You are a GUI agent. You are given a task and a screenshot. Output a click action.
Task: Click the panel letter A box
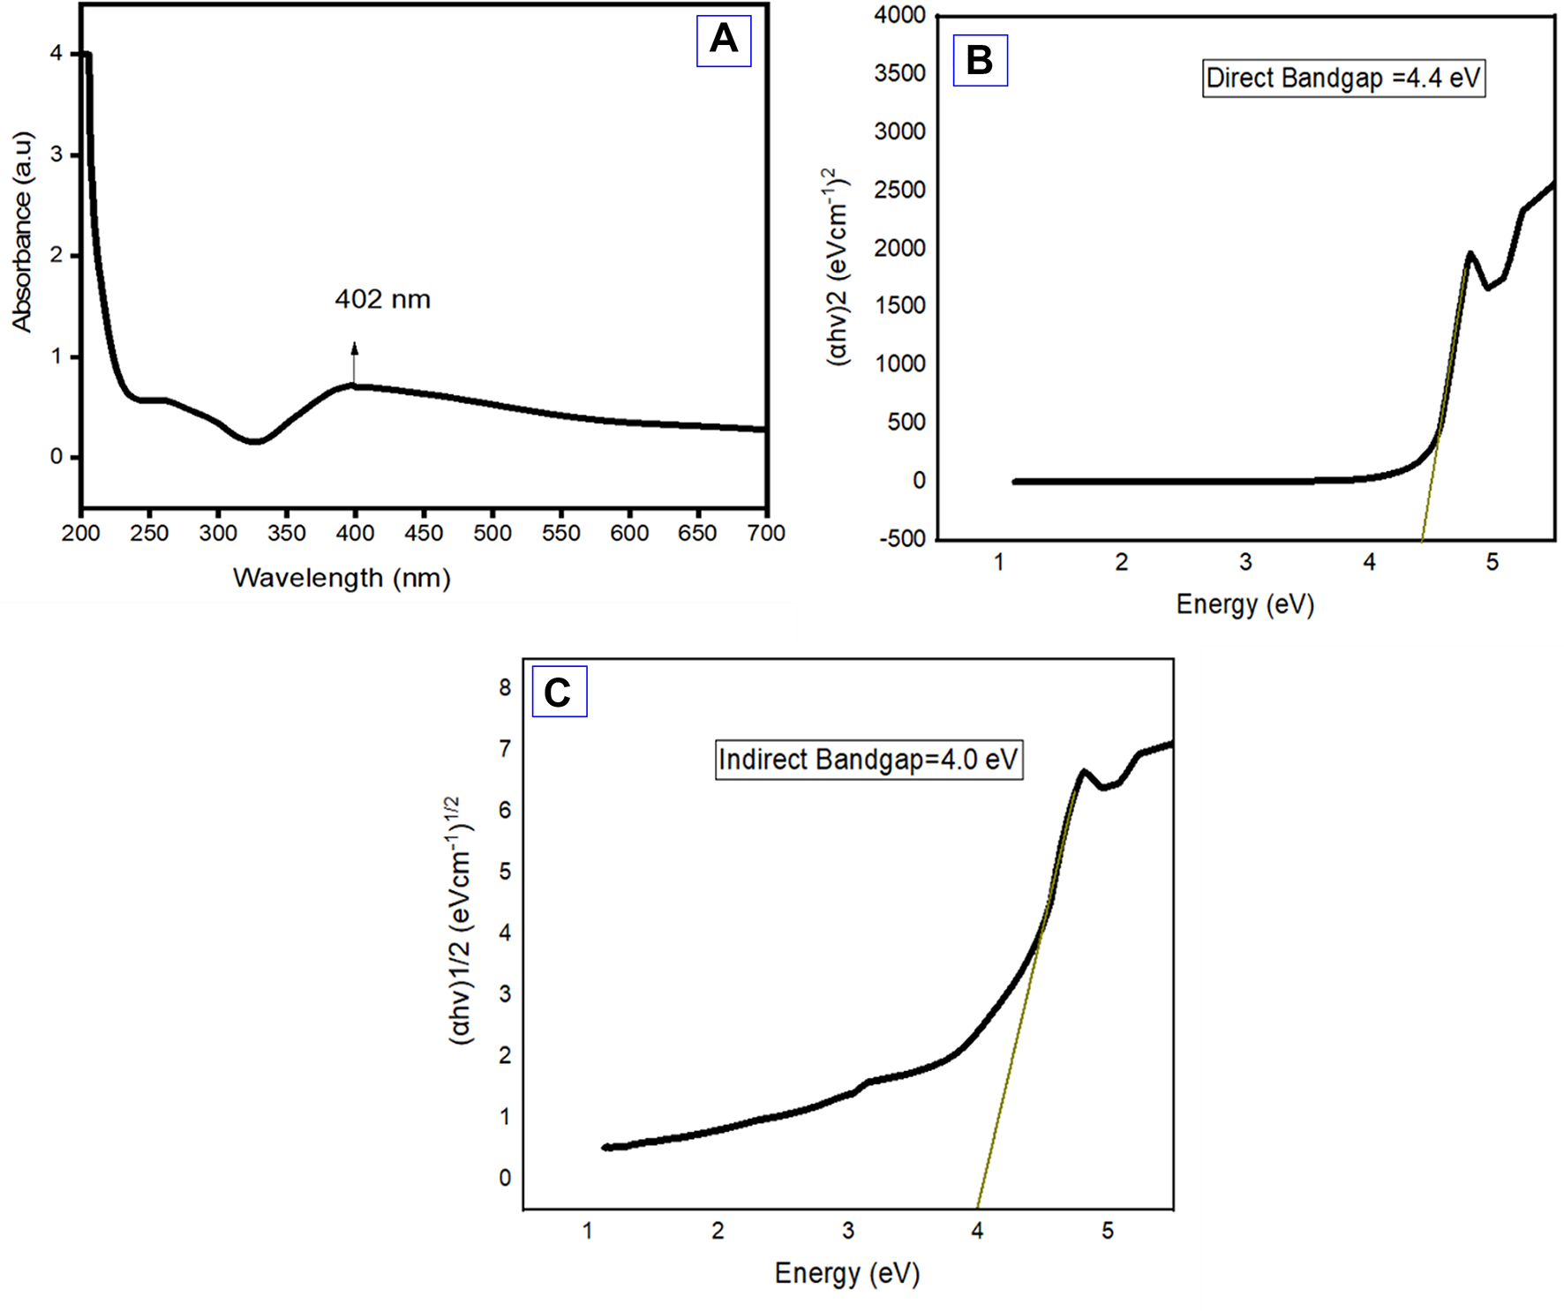point(723,41)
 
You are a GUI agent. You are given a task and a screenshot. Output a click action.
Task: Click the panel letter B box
point(980,61)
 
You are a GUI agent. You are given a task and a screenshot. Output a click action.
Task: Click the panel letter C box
point(559,693)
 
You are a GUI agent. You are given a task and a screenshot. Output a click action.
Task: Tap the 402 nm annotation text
point(382,300)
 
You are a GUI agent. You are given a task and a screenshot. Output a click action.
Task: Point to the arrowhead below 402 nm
point(355,348)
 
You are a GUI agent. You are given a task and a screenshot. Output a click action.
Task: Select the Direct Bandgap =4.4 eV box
point(1342,79)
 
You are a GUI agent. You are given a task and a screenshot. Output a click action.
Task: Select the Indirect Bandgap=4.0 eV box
point(868,760)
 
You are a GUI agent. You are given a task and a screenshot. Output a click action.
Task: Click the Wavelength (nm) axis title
point(342,579)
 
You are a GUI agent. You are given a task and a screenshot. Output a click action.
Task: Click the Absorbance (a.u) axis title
point(22,232)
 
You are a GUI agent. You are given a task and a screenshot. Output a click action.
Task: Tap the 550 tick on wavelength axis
point(560,533)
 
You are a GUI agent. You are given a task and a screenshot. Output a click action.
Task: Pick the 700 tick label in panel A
point(765,533)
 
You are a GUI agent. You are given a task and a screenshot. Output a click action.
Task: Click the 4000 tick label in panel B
point(899,15)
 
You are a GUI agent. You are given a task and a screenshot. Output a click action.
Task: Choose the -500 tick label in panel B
point(903,539)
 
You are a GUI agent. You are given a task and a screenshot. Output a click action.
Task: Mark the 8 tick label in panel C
point(505,687)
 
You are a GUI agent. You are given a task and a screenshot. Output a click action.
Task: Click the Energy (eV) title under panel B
point(1244,605)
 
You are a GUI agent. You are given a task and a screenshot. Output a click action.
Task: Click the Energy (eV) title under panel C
point(846,1273)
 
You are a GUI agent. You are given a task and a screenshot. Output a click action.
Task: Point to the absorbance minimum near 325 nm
point(255,441)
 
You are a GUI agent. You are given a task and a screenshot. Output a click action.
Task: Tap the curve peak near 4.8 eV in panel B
point(1470,254)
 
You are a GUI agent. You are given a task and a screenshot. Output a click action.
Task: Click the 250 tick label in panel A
point(149,533)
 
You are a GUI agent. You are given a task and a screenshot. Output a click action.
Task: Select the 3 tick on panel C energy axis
point(847,1231)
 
